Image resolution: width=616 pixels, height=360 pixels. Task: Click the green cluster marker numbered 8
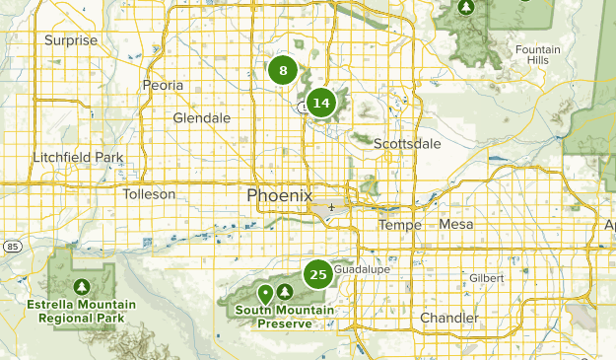(283, 70)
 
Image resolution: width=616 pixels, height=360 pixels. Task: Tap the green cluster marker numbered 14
(320, 102)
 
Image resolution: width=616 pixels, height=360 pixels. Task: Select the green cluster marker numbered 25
(318, 274)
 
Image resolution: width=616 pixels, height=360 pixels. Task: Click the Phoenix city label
(280, 195)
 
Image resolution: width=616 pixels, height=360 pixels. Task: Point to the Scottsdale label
(407, 144)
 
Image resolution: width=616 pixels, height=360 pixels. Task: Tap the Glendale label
(201, 118)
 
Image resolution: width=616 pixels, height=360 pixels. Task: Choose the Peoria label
(164, 86)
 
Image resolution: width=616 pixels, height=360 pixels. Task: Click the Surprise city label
(71, 40)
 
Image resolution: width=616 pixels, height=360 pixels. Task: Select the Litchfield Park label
(78, 158)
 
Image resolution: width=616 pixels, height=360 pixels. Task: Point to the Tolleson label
(149, 194)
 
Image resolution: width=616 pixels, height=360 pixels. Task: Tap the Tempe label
(400, 225)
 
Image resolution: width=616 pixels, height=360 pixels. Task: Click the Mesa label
(456, 224)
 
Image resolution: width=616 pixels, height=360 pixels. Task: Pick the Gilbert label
(486, 278)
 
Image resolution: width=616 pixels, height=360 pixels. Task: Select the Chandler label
(448, 318)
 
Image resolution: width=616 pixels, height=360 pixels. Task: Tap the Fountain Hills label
(537, 54)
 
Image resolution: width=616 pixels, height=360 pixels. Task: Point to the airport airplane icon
(332, 207)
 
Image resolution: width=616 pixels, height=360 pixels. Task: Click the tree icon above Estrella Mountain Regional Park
(82, 286)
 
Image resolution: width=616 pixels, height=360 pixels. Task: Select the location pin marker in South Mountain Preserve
(264, 294)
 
